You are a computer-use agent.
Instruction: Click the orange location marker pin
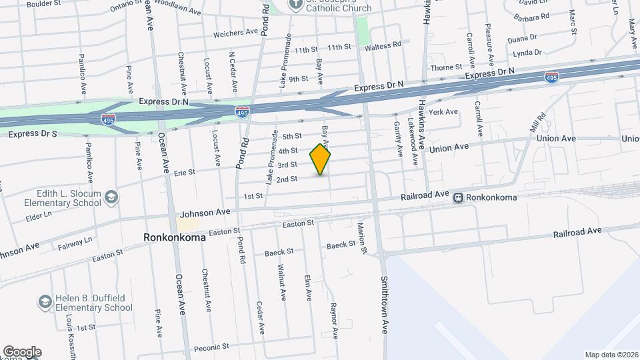pyautogui.click(x=321, y=159)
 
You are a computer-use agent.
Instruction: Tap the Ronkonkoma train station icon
pyautogui.click(x=459, y=197)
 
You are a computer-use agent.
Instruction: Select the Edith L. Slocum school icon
pyautogui.click(x=111, y=197)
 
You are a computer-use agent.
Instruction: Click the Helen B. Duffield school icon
pyautogui.click(x=45, y=302)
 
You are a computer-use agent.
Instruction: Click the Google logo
pyautogui.click(x=21, y=352)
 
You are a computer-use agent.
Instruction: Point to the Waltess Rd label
pyautogui.click(x=383, y=45)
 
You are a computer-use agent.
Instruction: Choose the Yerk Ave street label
pyautogui.click(x=443, y=112)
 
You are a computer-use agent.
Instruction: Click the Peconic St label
pyautogui.click(x=211, y=347)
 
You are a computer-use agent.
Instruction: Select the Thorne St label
pyautogui.click(x=447, y=67)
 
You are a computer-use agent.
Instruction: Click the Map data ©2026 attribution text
pyautogui.click(x=611, y=355)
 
